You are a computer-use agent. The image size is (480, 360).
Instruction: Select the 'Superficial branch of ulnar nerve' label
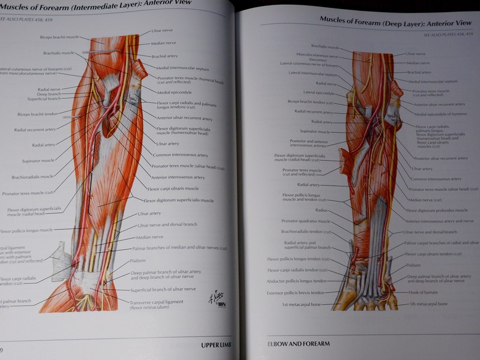[x=163, y=289]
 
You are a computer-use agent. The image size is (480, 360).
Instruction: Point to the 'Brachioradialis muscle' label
[x=32, y=176]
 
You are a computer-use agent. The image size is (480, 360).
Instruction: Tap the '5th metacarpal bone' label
[x=429, y=304]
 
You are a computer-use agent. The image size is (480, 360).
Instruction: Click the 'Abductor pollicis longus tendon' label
[x=297, y=281]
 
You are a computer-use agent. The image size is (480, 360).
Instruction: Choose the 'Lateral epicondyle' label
[x=319, y=92]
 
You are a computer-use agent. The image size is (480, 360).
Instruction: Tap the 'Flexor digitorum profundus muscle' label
[x=437, y=211]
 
